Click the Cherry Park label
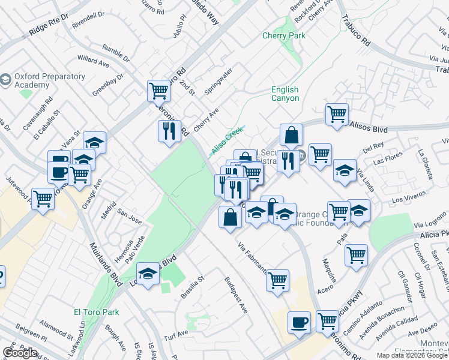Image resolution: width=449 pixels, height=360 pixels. tap(283, 36)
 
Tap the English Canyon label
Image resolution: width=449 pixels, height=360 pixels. tap(285, 94)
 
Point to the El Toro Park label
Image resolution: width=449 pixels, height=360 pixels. tap(96, 312)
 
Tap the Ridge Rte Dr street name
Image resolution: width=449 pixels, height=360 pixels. tap(46, 25)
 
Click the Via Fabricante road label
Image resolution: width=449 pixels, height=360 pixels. tap(252, 257)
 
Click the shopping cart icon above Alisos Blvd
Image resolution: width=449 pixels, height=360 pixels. tap(337, 114)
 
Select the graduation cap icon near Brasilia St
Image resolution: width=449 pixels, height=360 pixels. tap(148, 275)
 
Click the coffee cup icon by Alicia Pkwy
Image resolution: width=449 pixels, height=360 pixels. tap(298, 323)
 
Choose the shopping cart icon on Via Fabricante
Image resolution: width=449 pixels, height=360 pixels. tap(277, 280)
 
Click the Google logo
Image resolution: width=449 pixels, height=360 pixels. tap(20, 353)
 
